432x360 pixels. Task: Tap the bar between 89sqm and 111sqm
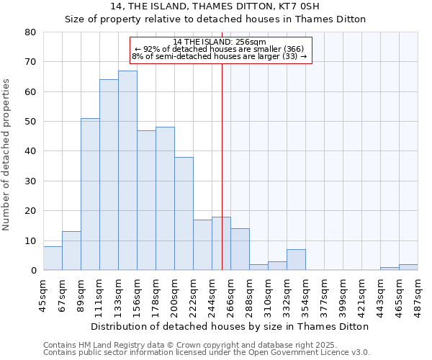click(90, 194)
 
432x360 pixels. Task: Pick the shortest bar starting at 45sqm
click(53, 258)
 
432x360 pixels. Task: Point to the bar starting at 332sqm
click(296, 260)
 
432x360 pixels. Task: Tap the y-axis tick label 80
click(31, 32)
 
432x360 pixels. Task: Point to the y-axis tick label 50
click(31, 122)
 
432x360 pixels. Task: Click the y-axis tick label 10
click(31, 240)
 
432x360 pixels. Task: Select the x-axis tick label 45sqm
click(44, 294)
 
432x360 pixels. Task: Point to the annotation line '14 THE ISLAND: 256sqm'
click(220, 42)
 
